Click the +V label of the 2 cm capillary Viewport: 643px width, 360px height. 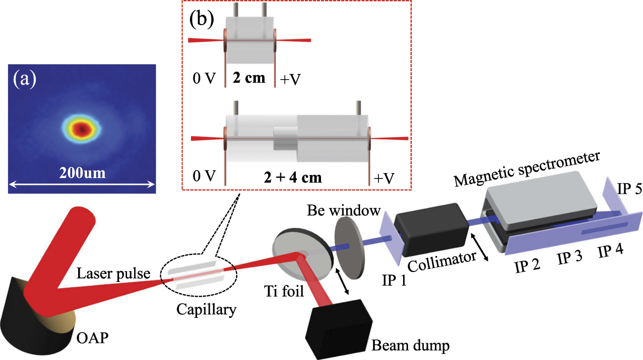click(291, 79)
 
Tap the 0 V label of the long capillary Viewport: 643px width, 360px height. click(204, 177)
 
